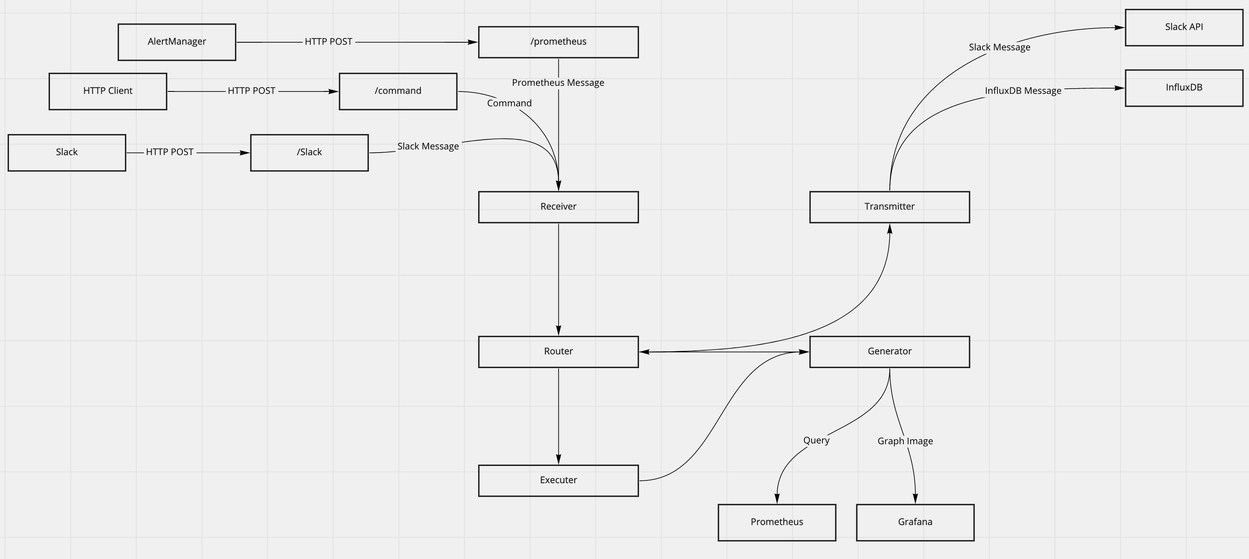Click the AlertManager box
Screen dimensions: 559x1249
(x=177, y=42)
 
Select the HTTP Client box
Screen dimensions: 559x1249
(x=108, y=91)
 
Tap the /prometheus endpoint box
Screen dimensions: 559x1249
(x=558, y=42)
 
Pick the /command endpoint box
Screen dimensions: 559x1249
(x=398, y=91)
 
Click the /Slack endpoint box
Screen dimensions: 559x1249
(x=309, y=153)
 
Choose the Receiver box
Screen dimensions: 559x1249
(x=558, y=207)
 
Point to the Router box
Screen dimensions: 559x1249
(x=558, y=352)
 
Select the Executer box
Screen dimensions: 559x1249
(x=558, y=480)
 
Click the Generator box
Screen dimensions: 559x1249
(x=889, y=352)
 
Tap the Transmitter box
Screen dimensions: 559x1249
(x=889, y=207)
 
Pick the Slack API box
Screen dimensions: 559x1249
(x=1184, y=28)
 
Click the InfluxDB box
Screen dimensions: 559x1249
(x=1184, y=88)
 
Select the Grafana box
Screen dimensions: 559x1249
(x=915, y=522)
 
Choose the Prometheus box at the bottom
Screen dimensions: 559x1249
(x=777, y=522)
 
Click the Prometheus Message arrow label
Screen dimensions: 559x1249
(x=558, y=83)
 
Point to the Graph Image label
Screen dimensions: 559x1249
(x=905, y=441)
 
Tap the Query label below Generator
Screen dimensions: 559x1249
(x=816, y=440)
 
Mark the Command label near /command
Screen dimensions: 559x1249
(x=509, y=103)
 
